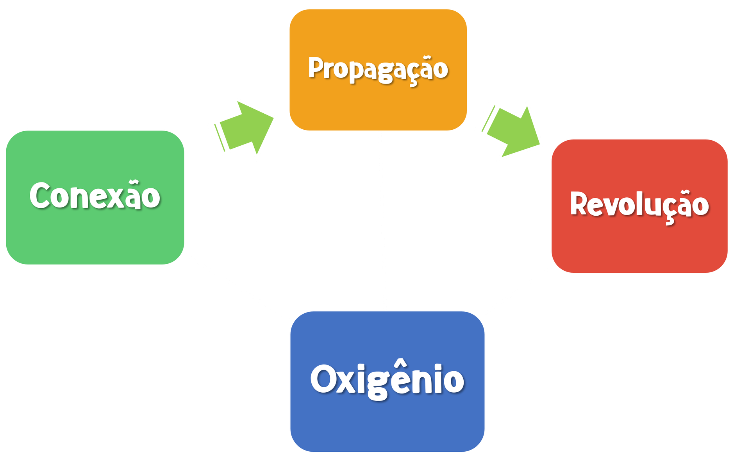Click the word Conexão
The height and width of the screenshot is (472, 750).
[x=95, y=196]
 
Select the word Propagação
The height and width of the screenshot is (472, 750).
[x=378, y=69]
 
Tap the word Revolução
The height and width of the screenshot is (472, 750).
[x=639, y=204]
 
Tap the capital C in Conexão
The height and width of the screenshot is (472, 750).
[x=40, y=196]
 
